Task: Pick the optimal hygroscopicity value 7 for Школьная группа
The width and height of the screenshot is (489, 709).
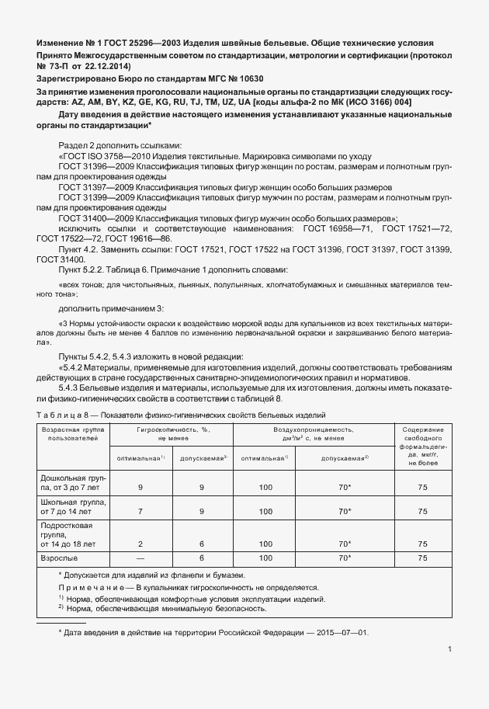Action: [x=140, y=512]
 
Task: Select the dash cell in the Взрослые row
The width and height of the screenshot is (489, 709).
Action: [x=140, y=558]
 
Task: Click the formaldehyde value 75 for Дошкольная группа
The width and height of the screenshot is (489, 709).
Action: [x=423, y=487]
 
